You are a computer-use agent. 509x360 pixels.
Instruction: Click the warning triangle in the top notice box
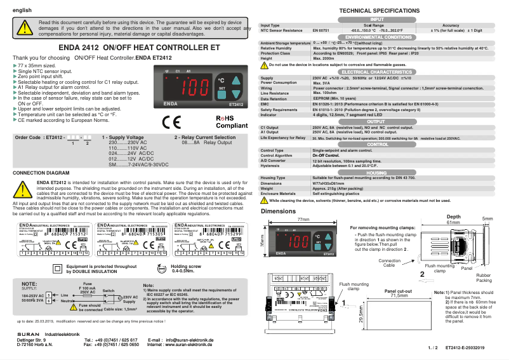click(x=24, y=28)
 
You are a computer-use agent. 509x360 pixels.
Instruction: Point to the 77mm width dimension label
click(x=303, y=219)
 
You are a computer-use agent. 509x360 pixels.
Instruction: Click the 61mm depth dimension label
click(x=453, y=223)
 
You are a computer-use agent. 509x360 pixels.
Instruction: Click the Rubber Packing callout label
click(x=484, y=277)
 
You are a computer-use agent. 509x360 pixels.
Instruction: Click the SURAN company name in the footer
click(x=26, y=334)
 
